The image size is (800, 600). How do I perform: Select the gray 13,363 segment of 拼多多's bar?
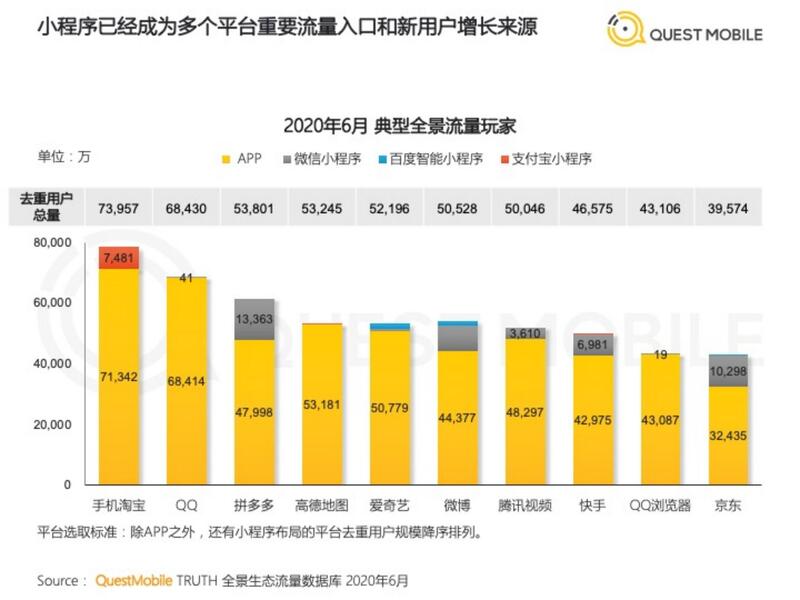coord(255,319)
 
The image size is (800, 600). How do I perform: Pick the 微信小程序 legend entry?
coord(325,159)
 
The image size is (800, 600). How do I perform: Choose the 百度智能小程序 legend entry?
coord(433,159)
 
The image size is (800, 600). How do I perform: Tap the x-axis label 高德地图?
coord(322,505)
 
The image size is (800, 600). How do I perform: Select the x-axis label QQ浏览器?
coord(661,505)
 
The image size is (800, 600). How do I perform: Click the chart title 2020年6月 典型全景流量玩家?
coord(399,126)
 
